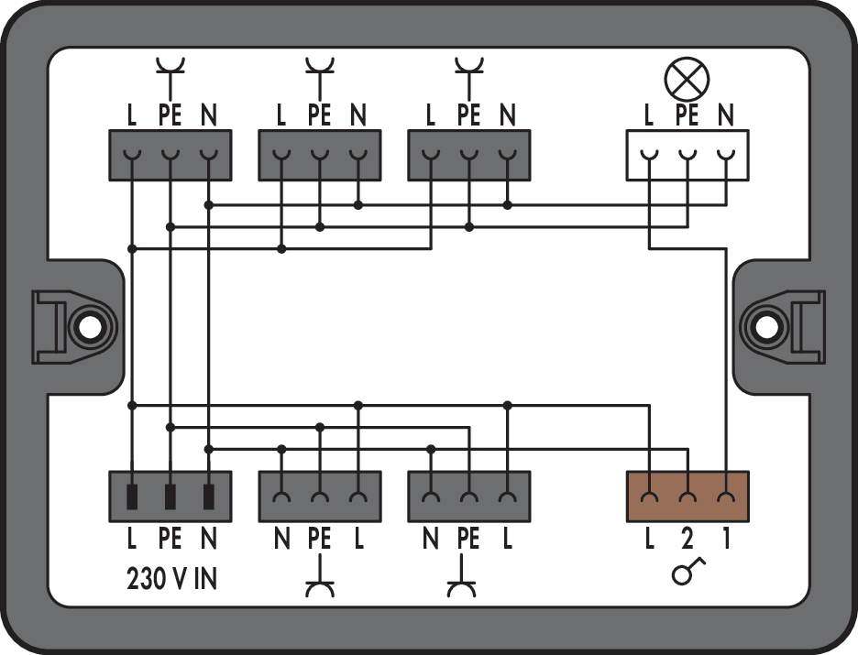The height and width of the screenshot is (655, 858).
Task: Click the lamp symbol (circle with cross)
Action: [687, 80]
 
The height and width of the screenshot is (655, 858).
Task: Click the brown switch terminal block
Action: [687, 496]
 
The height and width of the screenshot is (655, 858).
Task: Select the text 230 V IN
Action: [170, 580]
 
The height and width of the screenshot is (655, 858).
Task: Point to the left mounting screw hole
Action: [89, 327]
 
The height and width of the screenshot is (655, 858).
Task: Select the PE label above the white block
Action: [687, 116]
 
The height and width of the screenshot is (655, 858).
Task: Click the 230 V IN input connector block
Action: [170, 496]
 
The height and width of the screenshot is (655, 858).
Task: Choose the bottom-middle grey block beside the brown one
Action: [468, 496]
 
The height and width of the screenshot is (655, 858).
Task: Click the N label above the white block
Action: [726, 116]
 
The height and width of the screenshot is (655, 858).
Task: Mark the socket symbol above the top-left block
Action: [170, 73]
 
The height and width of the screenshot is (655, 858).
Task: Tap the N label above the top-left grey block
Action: [209, 116]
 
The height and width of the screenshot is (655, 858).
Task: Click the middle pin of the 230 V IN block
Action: [170, 497]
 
